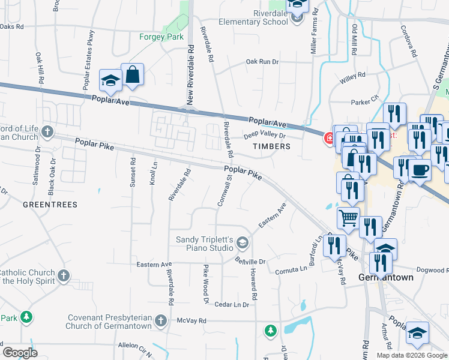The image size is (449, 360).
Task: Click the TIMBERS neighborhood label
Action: (x=271, y=146)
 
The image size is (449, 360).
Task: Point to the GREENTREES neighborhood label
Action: (x=50, y=205)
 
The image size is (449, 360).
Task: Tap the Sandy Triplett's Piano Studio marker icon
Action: (x=243, y=243)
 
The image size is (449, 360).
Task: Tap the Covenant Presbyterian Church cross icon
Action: (x=160, y=320)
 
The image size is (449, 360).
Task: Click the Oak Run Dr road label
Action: (x=262, y=62)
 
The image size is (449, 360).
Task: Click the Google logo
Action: (x=20, y=352)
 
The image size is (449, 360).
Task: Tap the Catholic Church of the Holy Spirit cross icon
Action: (x=63, y=276)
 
